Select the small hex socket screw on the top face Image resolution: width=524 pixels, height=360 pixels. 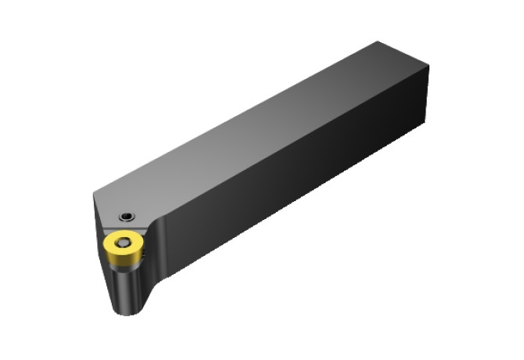coord(126,216)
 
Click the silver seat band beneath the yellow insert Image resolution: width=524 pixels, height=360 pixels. coord(124,262)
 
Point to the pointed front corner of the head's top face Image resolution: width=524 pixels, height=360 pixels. coord(93,194)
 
